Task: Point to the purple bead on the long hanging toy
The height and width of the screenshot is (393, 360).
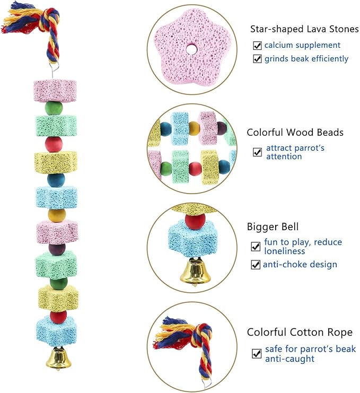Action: point(56,248)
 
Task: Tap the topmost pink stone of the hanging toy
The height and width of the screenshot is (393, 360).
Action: point(55,90)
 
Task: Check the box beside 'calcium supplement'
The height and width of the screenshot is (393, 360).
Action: point(257,45)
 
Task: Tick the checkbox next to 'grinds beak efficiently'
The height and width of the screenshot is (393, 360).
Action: point(257,59)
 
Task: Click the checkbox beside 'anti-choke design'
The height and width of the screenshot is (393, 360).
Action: point(256,264)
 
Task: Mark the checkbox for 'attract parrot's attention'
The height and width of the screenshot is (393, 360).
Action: point(257,152)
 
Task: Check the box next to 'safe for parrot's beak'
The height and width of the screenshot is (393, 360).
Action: point(257,353)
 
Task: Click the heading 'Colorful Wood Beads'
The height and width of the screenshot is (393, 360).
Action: point(295,133)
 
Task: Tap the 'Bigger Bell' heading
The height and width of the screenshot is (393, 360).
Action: point(269,227)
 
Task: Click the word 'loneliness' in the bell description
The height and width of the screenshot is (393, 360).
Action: point(285,251)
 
